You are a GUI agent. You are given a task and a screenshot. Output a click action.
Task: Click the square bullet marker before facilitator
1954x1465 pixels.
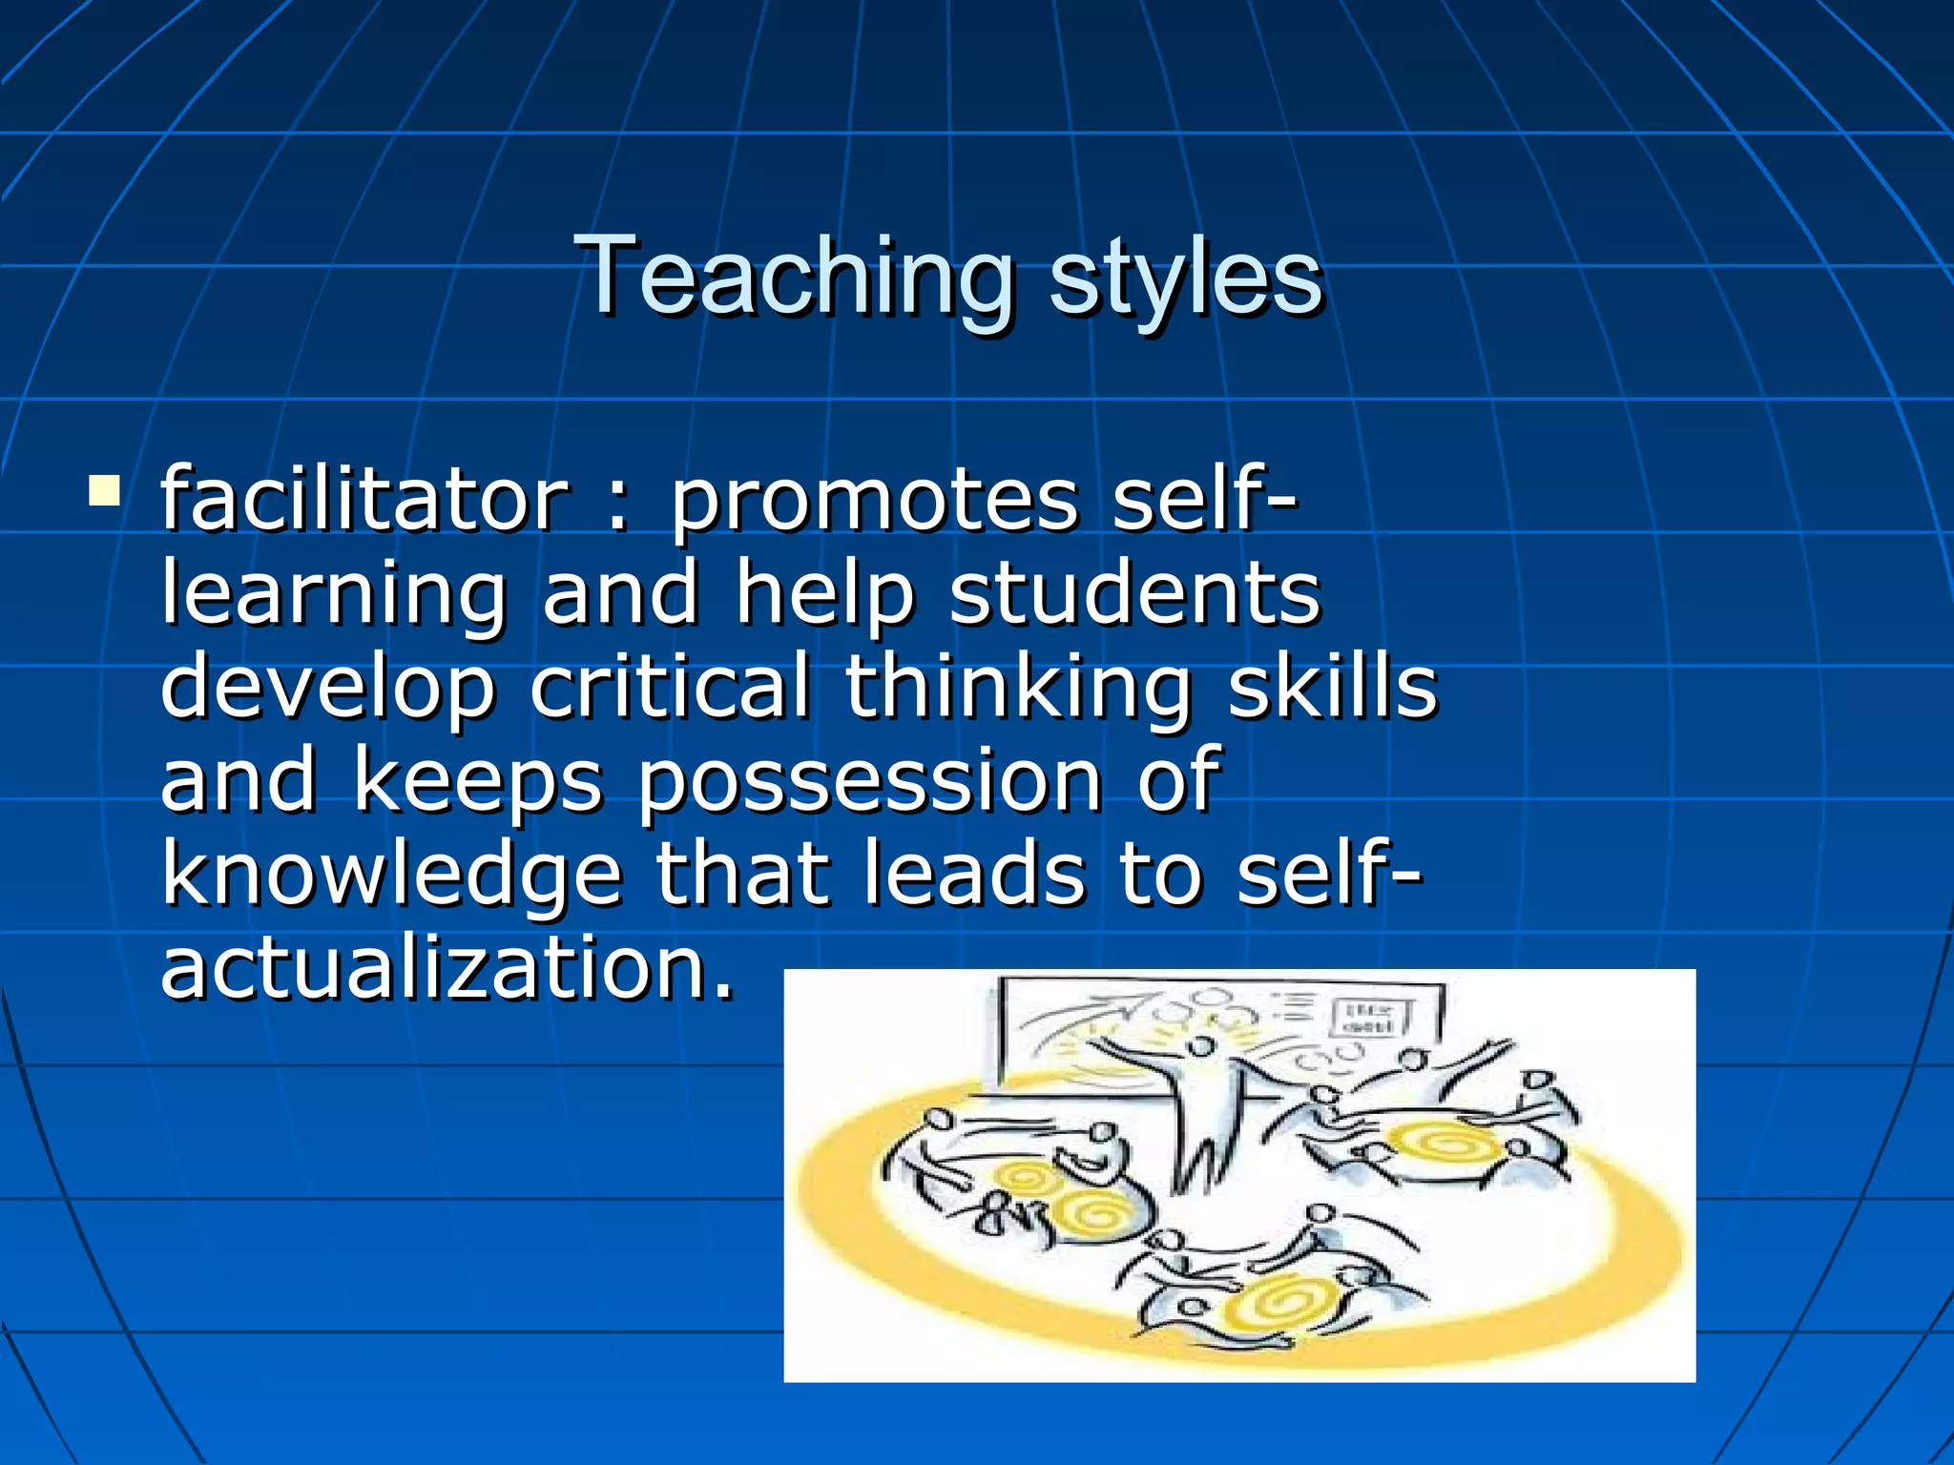[103, 490]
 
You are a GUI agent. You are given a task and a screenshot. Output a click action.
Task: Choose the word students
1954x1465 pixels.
[1135, 593]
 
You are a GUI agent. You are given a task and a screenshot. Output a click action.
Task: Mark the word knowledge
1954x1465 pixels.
[391, 876]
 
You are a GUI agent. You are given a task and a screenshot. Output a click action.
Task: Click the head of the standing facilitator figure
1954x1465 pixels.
[1203, 1046]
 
